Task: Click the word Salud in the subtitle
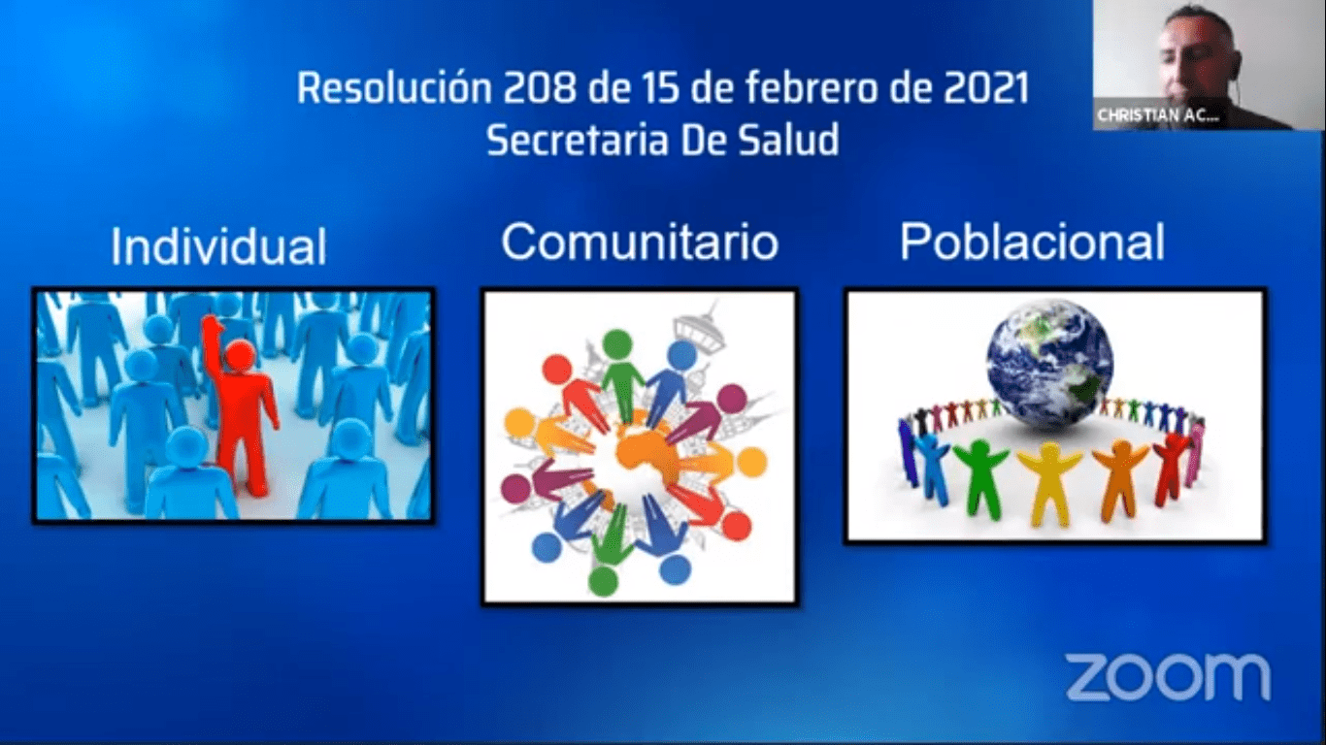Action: point(789,141)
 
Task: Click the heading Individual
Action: point(218,246)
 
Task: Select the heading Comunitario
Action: point(640,242)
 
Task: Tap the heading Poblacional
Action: point(1032,242)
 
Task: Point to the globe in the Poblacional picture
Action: point(1049,362)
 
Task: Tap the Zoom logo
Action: point(1168,676)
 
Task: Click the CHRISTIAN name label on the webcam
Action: point(1155,115)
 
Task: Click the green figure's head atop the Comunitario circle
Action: point(617,342)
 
